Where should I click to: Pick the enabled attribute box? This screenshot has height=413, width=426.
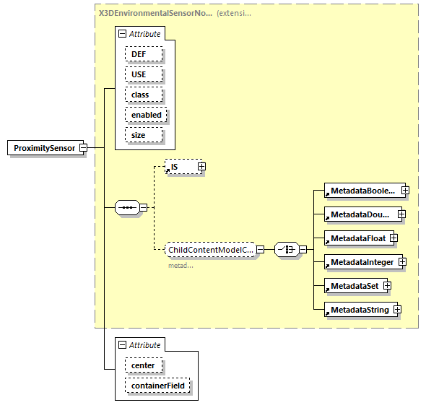point(147,115)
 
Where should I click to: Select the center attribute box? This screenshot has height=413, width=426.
point(143,365)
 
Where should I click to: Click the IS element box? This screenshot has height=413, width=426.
point(181,167)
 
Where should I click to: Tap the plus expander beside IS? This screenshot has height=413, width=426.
point(201,167)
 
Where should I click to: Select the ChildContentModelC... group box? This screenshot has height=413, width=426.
point(209,250)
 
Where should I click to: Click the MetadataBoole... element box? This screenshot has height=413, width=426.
point(362,191)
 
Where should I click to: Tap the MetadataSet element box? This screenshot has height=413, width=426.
point(353,286)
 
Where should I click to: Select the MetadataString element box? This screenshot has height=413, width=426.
point(358,310)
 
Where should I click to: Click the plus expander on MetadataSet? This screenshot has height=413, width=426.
point(388,286)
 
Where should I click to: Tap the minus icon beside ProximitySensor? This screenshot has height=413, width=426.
point(83,148)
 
